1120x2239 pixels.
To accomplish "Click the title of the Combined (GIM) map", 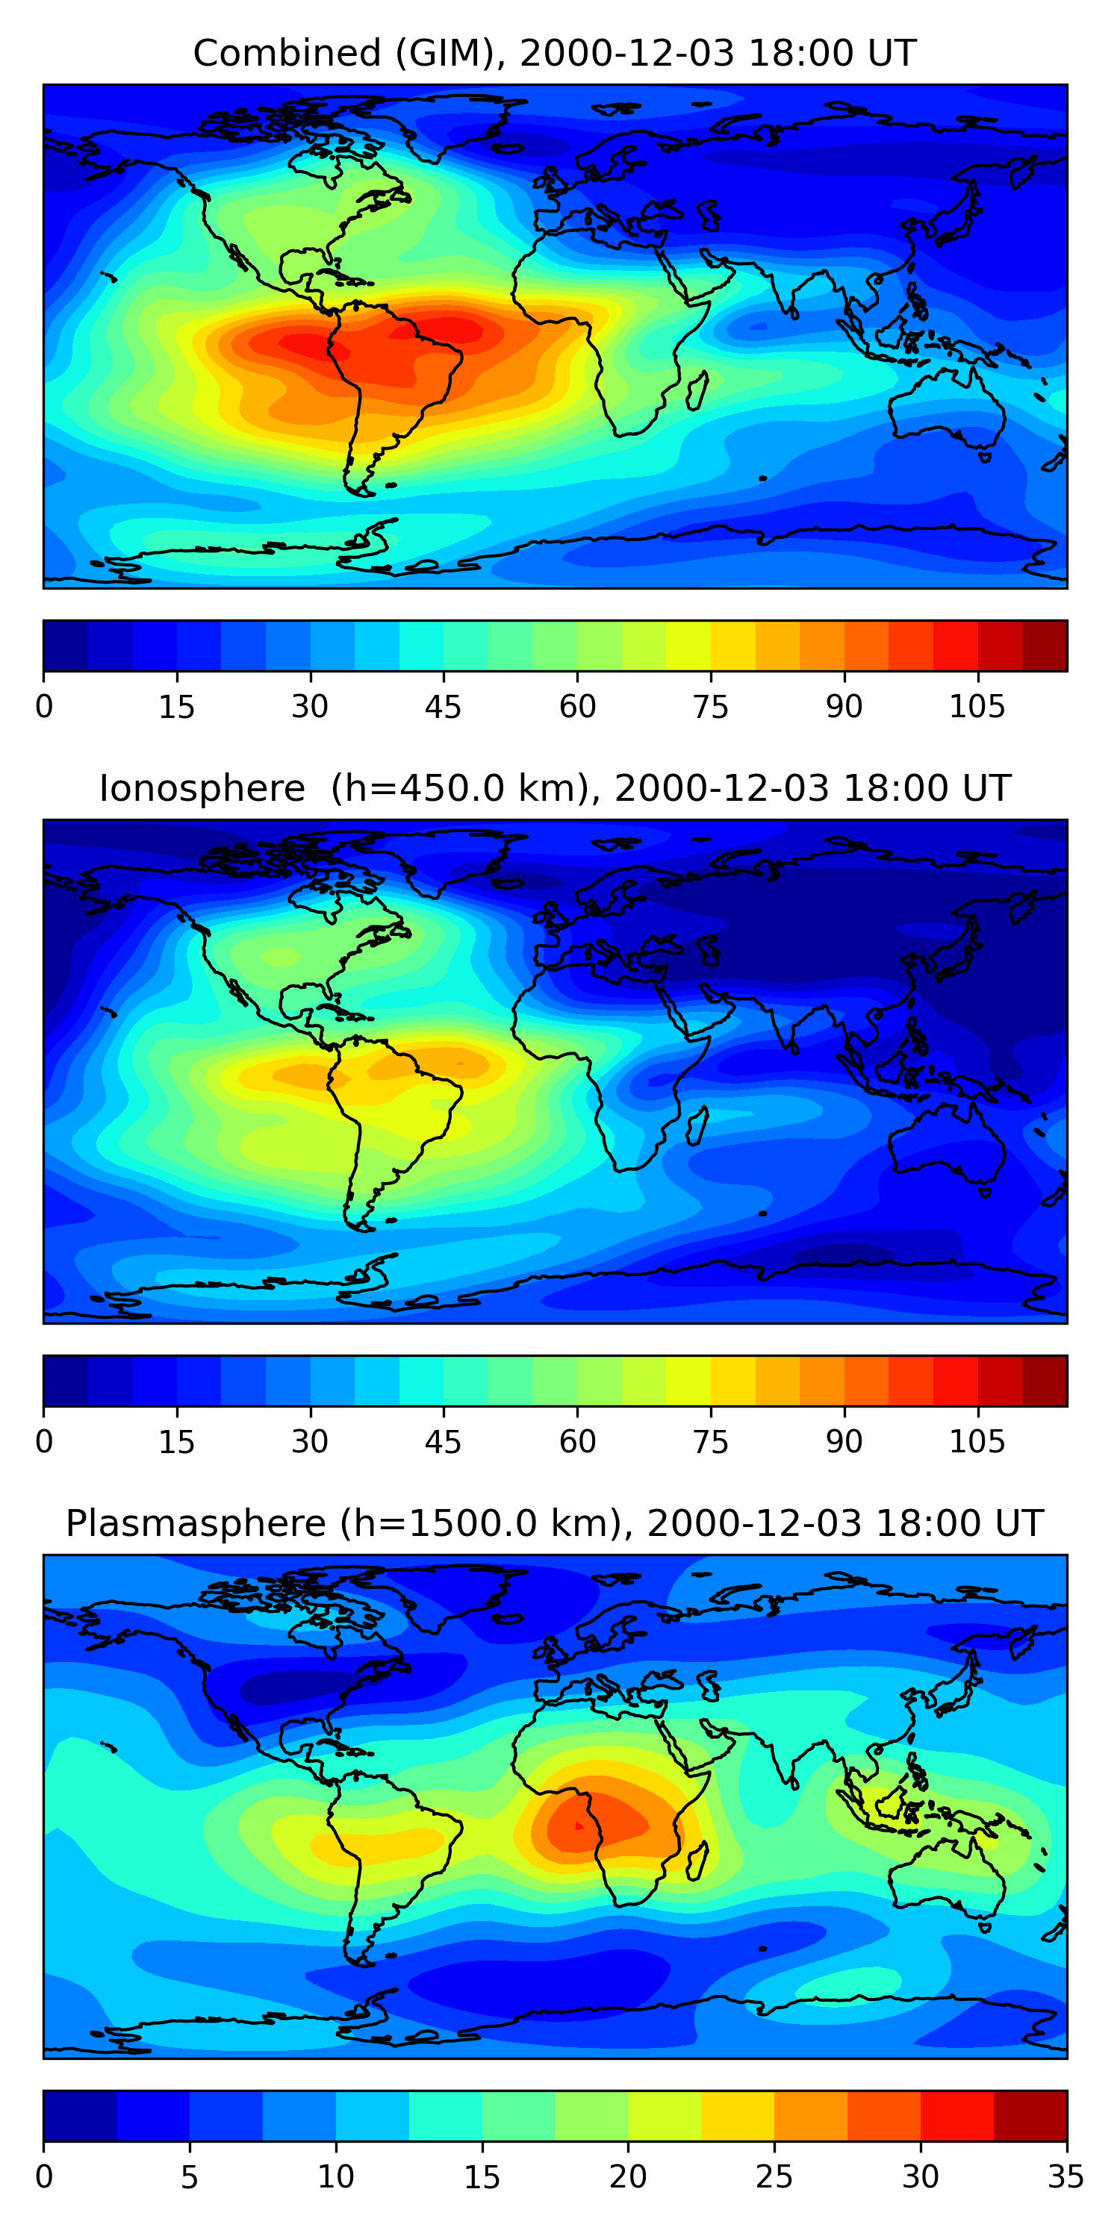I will (x=554, y=54).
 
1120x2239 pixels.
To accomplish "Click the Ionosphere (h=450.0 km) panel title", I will (x=554, y=788).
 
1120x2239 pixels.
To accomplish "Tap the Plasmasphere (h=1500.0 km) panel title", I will (x=554, y=1524).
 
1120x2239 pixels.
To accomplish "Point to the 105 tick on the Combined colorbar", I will (x=977, y=707).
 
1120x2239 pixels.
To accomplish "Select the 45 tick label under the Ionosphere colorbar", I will (x=443, y=1441).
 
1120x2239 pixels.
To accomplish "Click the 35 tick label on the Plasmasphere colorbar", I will (x=1065, y=2176).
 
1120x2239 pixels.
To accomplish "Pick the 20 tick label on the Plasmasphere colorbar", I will (x=627, y=2176).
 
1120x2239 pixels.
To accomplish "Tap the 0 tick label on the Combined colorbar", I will (x=44, y=707).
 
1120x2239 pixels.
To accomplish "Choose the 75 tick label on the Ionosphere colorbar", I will (x=709, y=1441).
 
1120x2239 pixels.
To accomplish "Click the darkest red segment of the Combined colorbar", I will (x=1045, y=646).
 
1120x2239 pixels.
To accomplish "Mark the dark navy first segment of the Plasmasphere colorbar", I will (x=80, y=2116).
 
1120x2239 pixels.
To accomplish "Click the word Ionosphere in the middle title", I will (x=202, y=788).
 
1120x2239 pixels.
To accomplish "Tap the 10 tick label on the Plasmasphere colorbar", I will (x=336, y=2176).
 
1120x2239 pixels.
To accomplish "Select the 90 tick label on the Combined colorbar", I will (x=844, y=707).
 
